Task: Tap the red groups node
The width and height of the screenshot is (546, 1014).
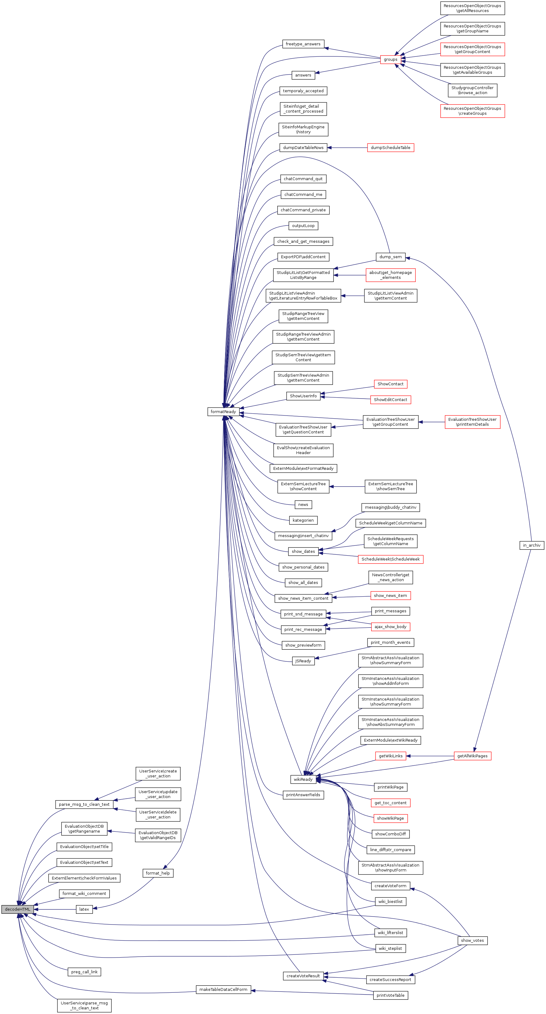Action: tap(390, 60)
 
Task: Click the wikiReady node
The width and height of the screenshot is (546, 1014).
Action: tap(303, 779)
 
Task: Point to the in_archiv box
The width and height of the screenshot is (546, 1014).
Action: tap(531, 545)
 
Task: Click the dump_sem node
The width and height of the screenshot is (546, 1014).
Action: tap(390, 257)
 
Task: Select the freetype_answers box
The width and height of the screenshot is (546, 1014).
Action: tap(303, 44)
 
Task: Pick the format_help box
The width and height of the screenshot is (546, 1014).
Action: tap(157, 873)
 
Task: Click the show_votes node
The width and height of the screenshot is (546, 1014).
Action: tap(472, 940)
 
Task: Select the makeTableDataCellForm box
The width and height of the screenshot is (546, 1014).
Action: tap(223, 989)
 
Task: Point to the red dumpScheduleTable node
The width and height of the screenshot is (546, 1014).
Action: tap(390, 148)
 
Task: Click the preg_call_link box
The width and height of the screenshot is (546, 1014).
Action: tap(84, 972)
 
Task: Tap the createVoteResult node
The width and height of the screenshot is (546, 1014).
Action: tap(303, 976)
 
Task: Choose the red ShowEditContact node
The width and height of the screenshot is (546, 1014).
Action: tap(390, 399)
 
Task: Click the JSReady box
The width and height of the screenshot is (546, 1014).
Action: tap(303, 661)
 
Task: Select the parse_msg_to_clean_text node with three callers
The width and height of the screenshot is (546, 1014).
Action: tap(84, 804)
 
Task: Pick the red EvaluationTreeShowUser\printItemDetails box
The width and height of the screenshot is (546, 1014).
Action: tap(472, 422)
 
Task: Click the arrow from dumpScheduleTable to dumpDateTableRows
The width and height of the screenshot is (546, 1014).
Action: tap(347, 148)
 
